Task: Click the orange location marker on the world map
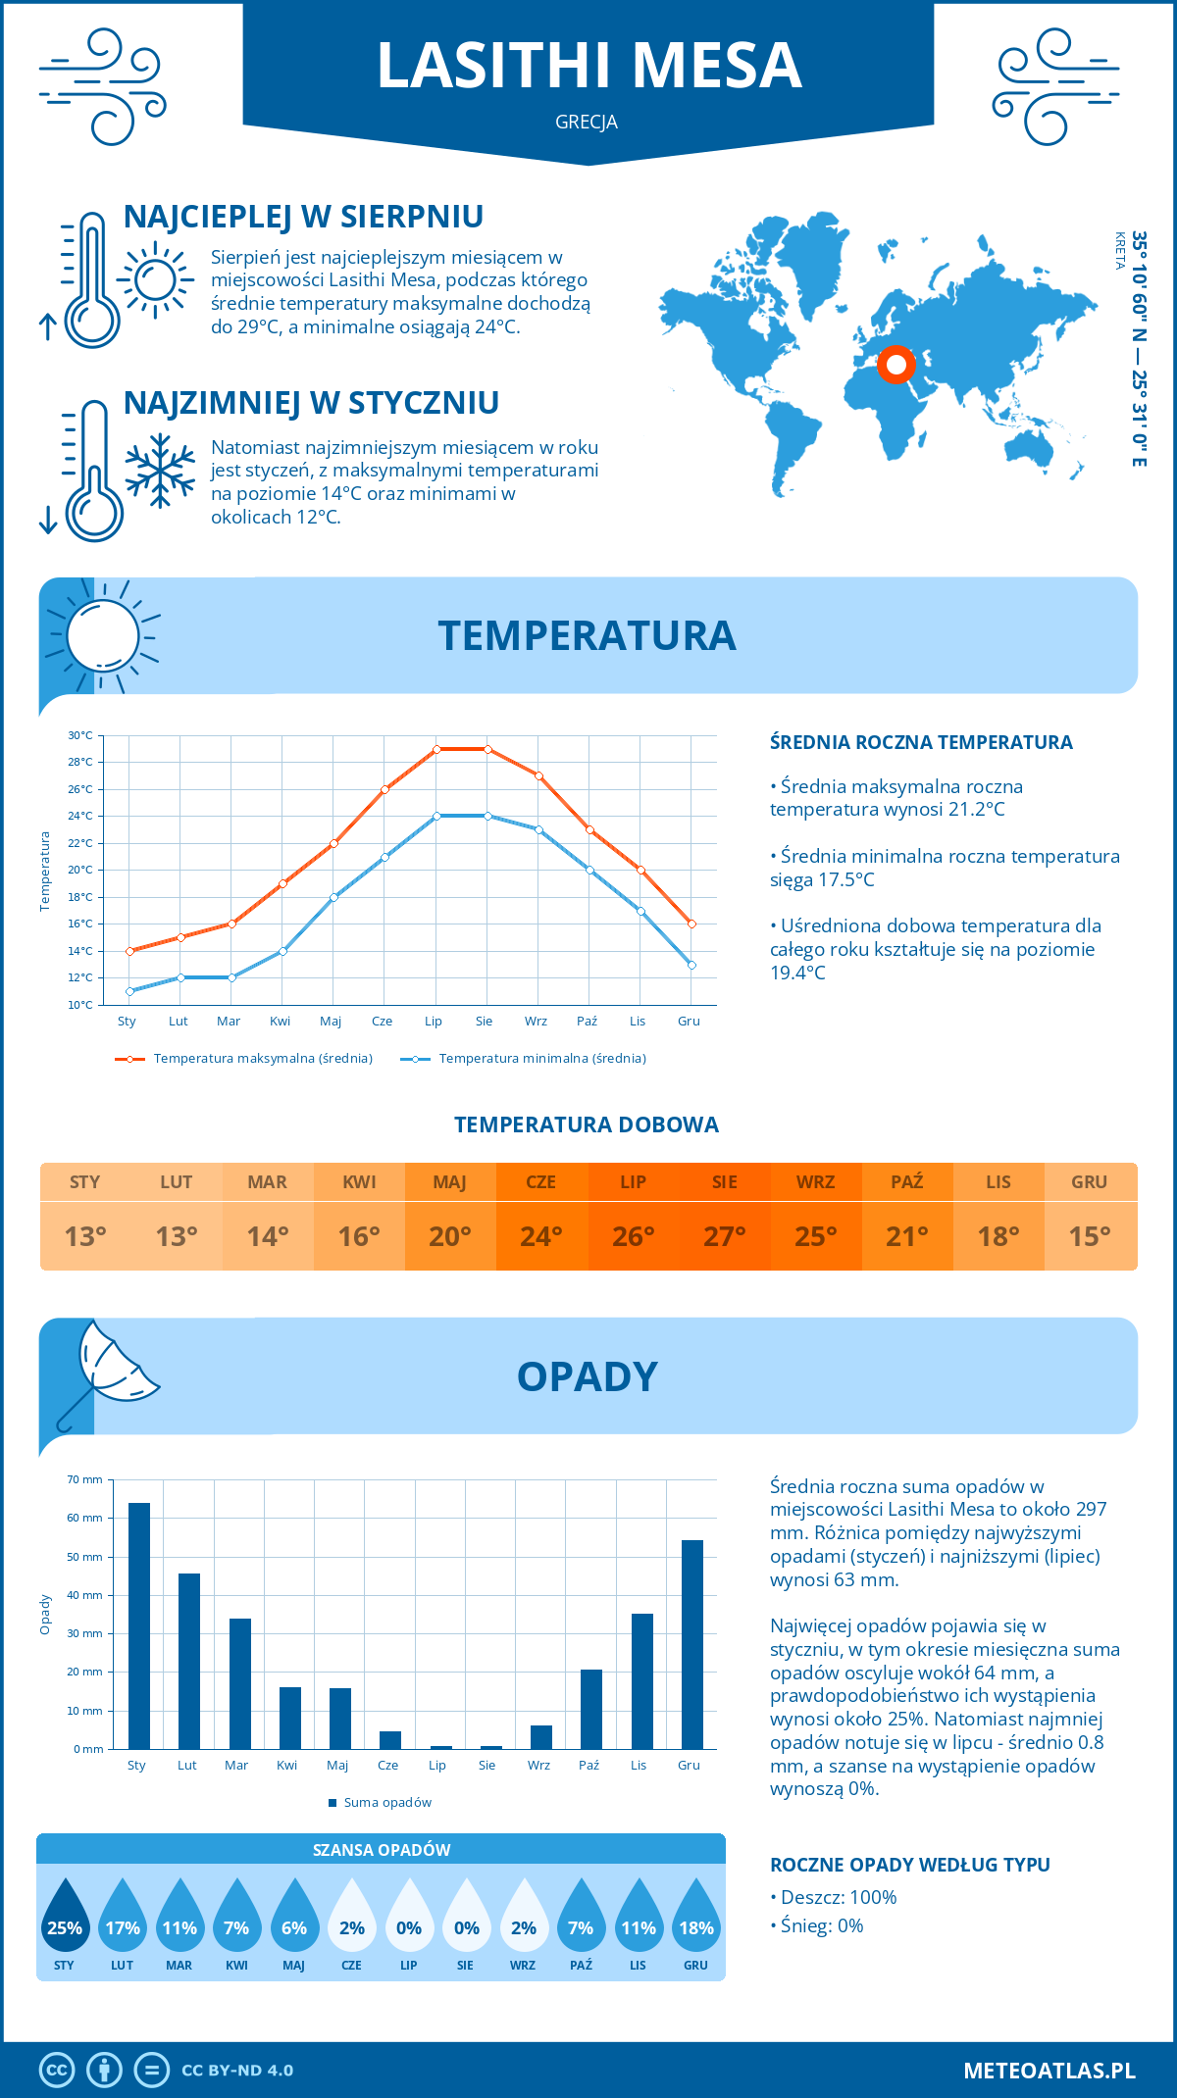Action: (896, 365)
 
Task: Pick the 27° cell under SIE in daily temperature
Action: (725, 1236)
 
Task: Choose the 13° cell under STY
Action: (85, 1236)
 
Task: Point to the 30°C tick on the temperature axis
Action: (80, 735)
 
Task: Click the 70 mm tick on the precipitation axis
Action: (85, 1479)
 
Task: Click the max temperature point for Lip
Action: (436, 749)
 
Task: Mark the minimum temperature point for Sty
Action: (129, 991)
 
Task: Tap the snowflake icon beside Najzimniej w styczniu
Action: (160, 471)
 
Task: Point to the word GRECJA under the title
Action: (587, 123)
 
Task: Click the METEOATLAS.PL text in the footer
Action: (1049, 2070)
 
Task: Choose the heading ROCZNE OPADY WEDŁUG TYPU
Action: (910, 1865)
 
